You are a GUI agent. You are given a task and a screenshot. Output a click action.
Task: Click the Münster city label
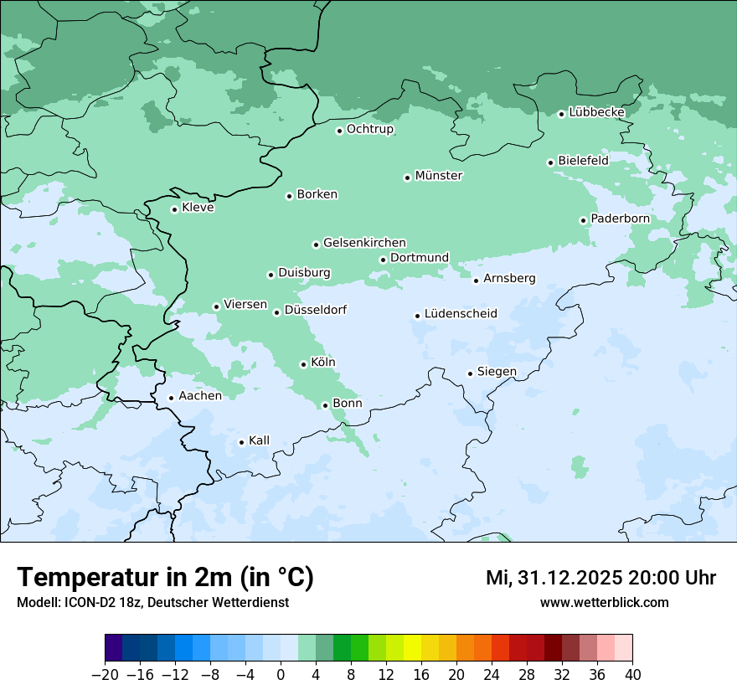[439, 176]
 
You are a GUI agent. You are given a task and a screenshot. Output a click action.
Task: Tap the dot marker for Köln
[303, 364]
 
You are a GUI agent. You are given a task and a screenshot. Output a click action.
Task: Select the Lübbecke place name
[596, 112]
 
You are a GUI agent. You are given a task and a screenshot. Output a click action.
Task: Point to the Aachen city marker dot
[171, 399]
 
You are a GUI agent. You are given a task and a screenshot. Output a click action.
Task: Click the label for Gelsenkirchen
[364, 243]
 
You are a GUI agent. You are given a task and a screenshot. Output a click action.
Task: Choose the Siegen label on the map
[497, 372]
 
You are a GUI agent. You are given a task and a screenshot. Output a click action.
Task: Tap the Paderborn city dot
[583, 220]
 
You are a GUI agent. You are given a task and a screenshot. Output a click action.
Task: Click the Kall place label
[259, 440]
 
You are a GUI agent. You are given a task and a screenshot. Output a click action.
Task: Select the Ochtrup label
[369, 129]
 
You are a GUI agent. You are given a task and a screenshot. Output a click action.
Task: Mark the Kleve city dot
[174, 209]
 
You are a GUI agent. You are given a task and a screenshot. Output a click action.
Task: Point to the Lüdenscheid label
[461, 314]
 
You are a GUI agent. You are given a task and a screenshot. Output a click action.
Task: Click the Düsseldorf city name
[316, 310]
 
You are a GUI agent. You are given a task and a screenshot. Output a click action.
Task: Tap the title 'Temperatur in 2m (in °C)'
[165, 578]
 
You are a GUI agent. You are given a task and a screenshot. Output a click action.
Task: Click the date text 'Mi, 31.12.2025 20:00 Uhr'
[600, 578]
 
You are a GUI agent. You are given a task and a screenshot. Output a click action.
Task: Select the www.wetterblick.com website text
[604, 602]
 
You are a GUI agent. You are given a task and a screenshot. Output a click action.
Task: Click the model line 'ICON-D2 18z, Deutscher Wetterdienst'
[152, 602]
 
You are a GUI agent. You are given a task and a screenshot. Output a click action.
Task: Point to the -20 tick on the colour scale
[106, 674]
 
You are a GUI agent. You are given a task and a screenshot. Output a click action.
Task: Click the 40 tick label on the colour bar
[632, 674]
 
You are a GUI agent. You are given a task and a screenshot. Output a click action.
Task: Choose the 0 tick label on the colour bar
[281, 674]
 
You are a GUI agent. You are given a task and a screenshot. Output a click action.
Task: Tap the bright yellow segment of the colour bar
[412, 648]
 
